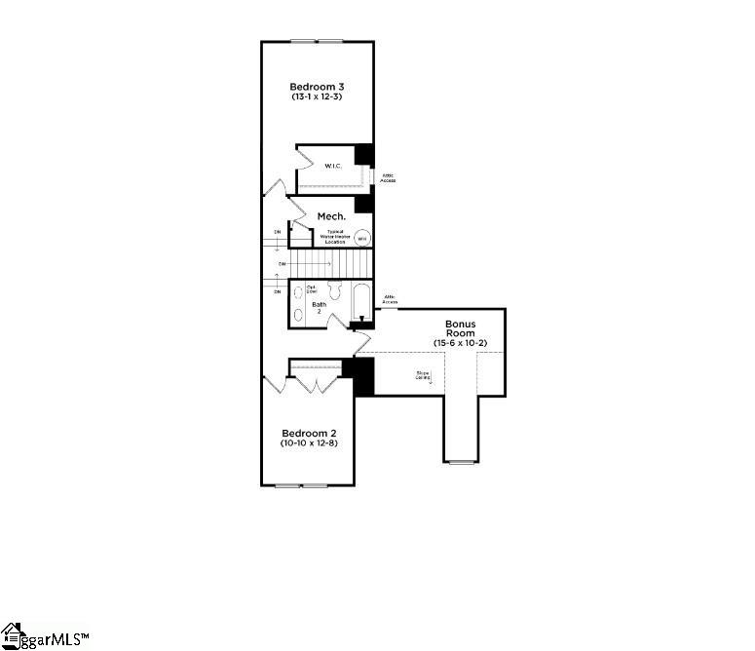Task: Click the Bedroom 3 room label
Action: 317,87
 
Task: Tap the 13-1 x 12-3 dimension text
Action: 317,97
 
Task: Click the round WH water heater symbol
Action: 361,237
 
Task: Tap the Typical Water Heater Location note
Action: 334,237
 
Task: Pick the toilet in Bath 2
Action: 333,289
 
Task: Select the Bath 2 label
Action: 319,307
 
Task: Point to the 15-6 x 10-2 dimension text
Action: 460,343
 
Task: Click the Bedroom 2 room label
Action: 309,433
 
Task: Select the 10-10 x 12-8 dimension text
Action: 309,444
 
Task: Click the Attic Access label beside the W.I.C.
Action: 388,178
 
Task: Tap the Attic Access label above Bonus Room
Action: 390,299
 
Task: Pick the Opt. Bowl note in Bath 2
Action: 312,288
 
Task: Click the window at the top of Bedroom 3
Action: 317,41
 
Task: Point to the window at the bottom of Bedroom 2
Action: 302,485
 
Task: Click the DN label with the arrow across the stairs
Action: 282,263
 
